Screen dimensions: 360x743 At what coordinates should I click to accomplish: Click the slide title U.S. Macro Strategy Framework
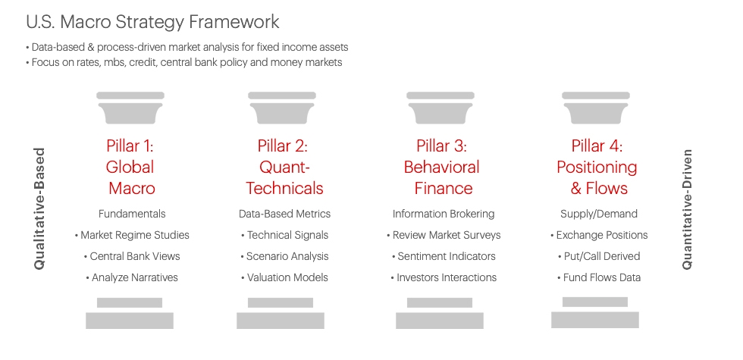(152, 21)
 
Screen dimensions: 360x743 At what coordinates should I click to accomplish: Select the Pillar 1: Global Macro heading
(131, 167)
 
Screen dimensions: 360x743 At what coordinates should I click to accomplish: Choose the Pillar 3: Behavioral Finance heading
(441, 167)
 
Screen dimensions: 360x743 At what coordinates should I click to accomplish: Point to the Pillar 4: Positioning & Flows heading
(597, 167)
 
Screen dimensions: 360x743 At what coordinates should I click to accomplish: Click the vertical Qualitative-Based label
(40, 208)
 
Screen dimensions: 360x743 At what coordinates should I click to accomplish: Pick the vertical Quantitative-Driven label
(687, 208)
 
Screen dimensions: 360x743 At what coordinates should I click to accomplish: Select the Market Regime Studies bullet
(132, 235)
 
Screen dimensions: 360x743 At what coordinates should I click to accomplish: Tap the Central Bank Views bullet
(132, 256)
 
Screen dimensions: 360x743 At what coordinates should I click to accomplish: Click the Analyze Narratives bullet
(132, 277)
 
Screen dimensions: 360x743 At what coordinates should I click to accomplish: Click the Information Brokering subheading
(444, 214)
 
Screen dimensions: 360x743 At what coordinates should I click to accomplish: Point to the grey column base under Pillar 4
(595, 315)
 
